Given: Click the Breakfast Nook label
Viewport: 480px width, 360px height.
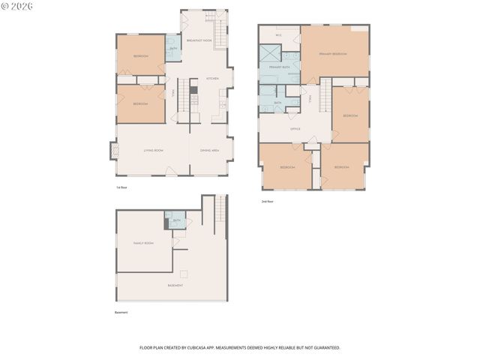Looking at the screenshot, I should click(x=199, y=40).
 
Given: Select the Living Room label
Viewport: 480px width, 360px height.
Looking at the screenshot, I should click(x=153, y=150).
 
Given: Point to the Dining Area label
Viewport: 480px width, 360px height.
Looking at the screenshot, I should click(x=209, y=150).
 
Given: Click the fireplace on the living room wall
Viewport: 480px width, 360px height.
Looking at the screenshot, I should click(x=115, y=151).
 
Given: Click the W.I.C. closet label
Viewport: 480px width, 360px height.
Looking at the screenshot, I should click(x=279, y=34).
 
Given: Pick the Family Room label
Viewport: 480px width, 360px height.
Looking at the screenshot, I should click(x=143, y=243).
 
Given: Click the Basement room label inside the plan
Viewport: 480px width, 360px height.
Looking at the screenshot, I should click(x=175, y=285).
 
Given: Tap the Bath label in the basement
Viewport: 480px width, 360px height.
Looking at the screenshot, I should click(x=177, y=220).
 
